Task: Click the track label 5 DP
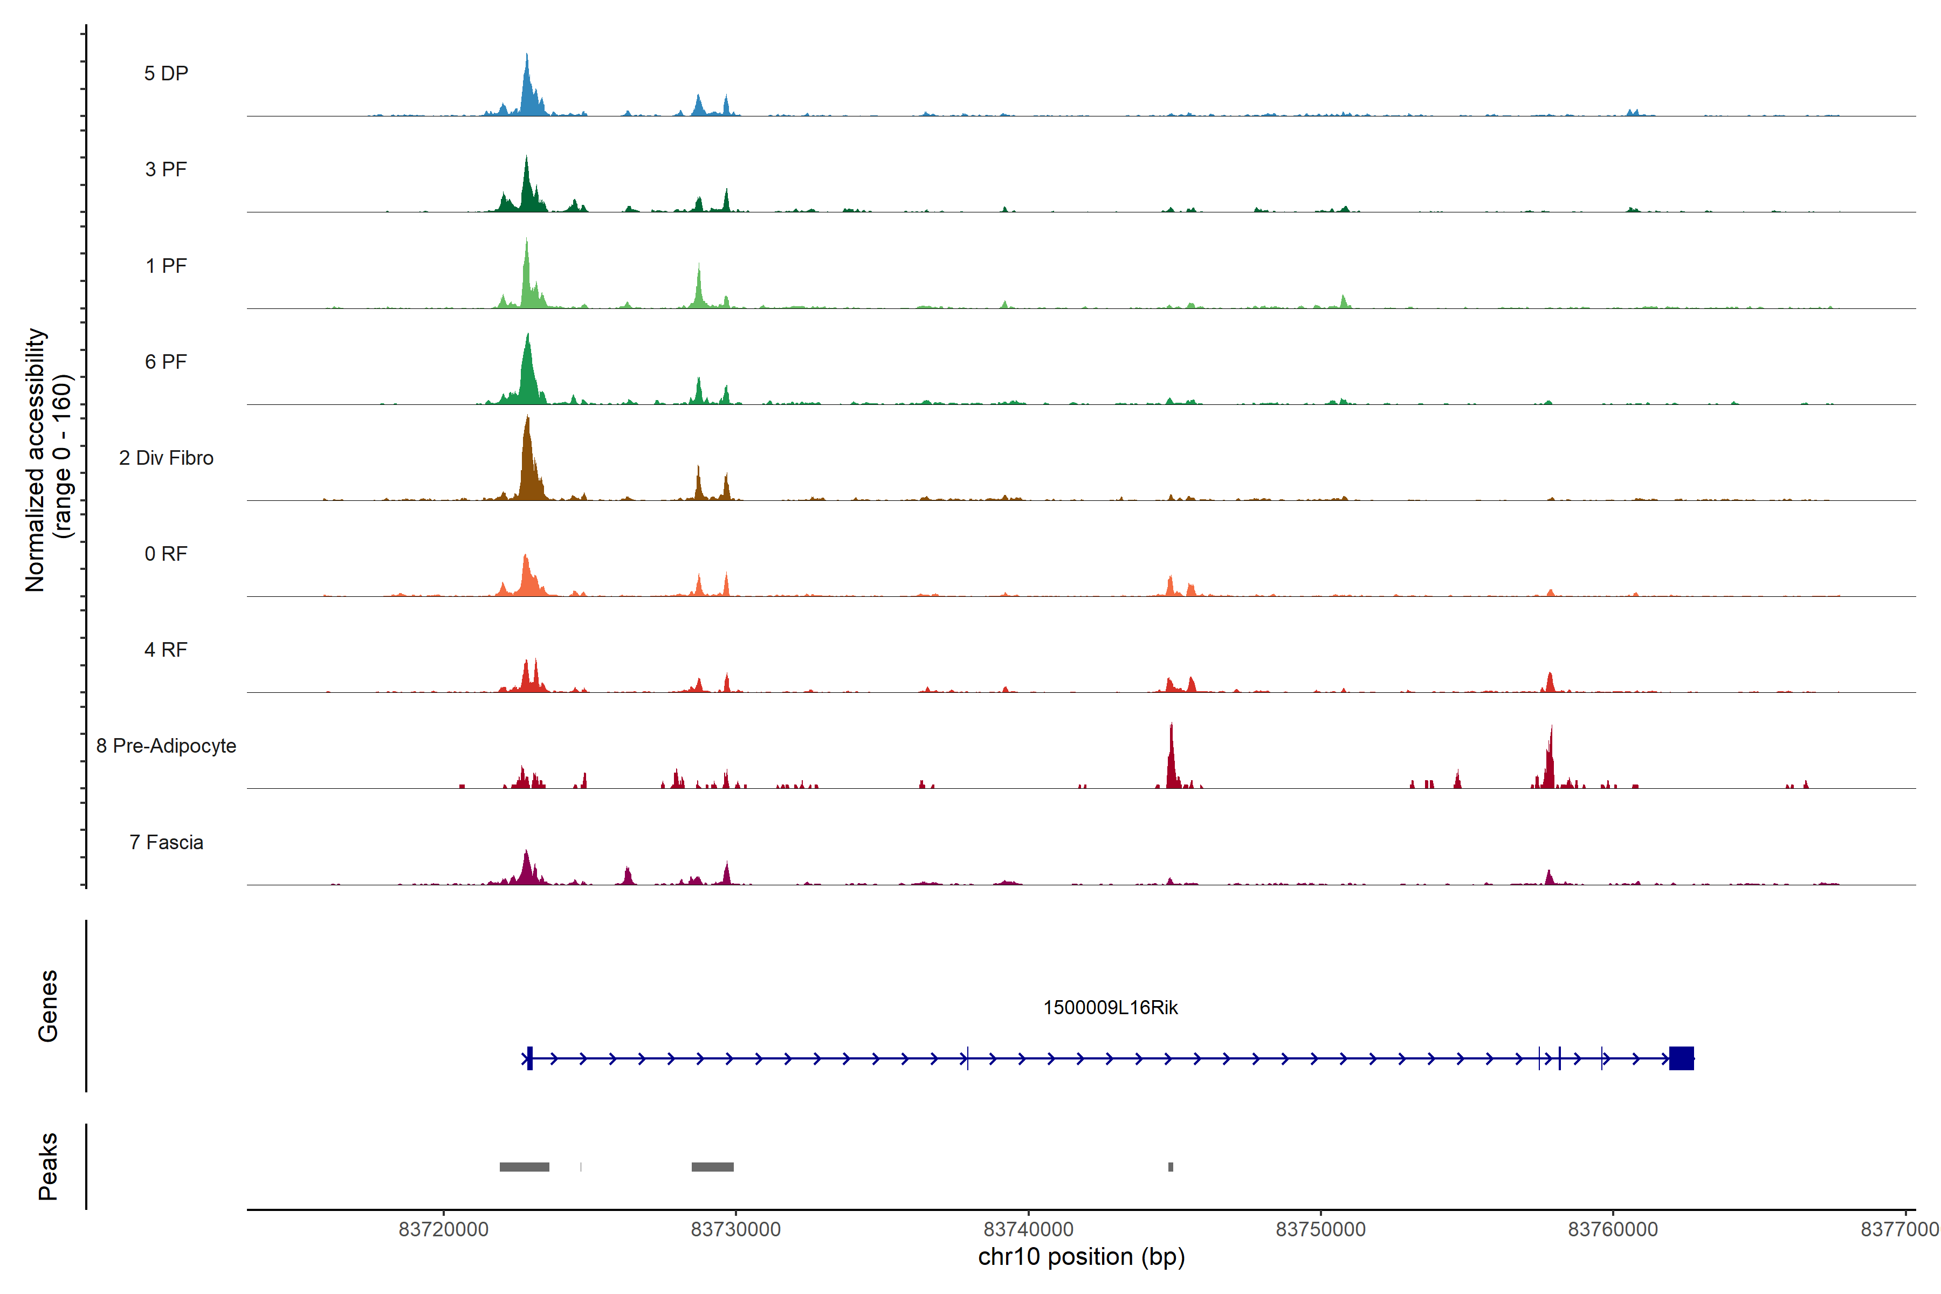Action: (x=166, y=73)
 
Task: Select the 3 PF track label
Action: (x=166, y=169)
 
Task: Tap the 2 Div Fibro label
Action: (x=166, y=458)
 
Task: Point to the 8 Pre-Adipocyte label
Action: (x=166, y=746)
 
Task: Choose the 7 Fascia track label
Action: (x=166, y=843)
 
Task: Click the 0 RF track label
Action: (x=166, y=554)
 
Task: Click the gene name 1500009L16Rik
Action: (x=1110, y=1008)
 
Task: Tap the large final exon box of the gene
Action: (x=1681, y=1058)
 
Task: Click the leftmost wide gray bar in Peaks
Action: (x=524, y=1167)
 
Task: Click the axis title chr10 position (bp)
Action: (x=1081, y=1257)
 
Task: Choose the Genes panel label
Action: (x=48, y=1006)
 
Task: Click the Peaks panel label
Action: (x=48, y=1166)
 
